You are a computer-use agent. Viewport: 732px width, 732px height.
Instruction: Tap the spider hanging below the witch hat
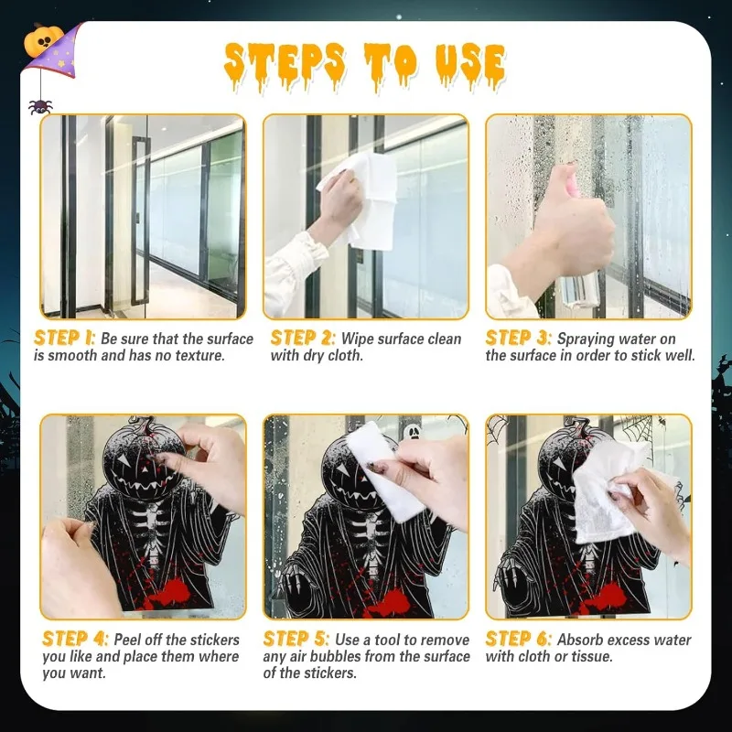pyautogui.click(x=39, y=107)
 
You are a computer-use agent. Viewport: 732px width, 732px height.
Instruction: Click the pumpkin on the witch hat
pyautogui.click(x=48, y=38)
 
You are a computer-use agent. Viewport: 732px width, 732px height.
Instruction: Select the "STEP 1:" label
pyautogui.click(x=65, y=339)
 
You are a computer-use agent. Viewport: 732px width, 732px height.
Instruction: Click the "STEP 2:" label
pyautogui.click(x=303, y=339)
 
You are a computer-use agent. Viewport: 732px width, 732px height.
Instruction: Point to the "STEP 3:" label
pyautogui.click(x=519, y=339)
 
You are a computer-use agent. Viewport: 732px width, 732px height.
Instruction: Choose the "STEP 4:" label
pyautogui.click(x=75, y=640)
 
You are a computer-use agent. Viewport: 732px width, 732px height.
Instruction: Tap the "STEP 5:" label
pyautogui.click(x=296, y=640)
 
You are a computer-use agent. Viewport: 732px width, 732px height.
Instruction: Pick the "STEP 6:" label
pyautogui.click(x=519, y=640)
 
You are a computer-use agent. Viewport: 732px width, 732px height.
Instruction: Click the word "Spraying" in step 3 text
pyautogui.click(x=599, y=339)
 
